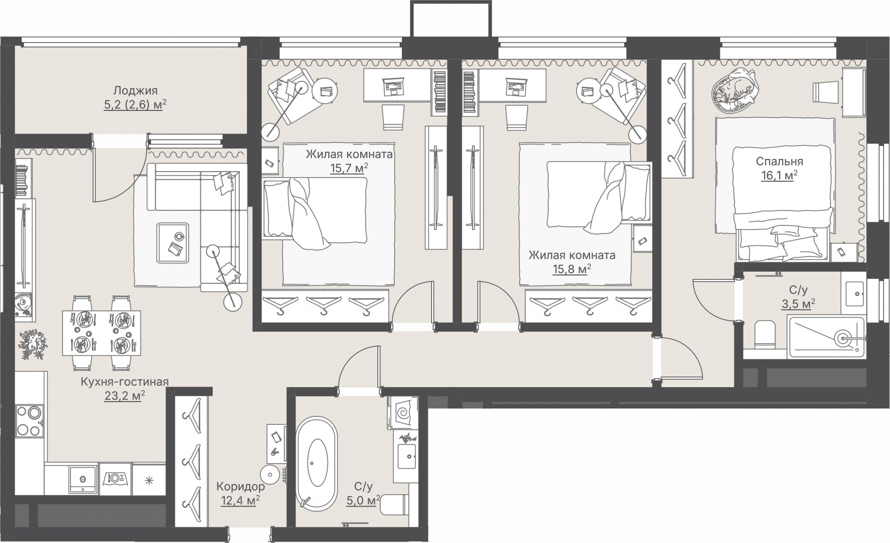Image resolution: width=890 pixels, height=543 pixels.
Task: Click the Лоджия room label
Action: click(135, 90)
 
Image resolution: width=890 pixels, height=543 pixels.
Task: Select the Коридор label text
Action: click(241, 486)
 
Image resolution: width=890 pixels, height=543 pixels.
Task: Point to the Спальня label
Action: click(779, 161)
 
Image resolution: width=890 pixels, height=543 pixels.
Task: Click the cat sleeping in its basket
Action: click(736, 90)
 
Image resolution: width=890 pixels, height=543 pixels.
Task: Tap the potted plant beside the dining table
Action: click(33, 345)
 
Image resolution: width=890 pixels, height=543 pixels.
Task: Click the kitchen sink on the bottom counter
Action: click(83, 478)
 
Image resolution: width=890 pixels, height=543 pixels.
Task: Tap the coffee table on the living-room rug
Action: click(173, 242)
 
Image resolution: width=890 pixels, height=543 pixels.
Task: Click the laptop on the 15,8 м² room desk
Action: click(517, 86)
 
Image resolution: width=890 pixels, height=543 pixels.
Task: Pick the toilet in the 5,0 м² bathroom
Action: click(394, 505)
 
